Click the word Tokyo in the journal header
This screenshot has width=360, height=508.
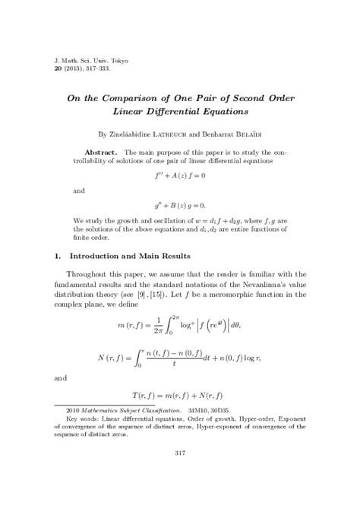click(117, 58)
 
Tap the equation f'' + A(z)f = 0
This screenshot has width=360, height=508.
click(179, 175)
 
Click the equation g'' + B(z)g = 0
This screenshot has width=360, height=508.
click(179, 206)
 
